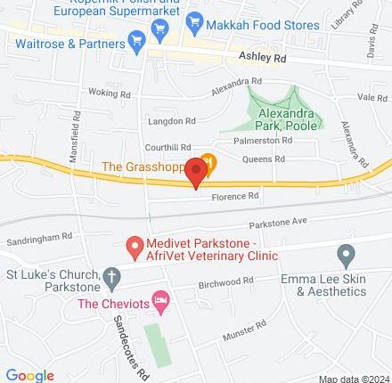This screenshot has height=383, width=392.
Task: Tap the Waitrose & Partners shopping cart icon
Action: [136, 41]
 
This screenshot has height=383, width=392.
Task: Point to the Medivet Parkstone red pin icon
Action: [135, 245]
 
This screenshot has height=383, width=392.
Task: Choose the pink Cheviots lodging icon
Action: [161, 304]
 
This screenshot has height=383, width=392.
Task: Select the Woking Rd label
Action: [110, 92]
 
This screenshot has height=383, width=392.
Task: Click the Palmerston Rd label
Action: [262, 140]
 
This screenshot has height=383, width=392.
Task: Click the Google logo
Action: [29, 375]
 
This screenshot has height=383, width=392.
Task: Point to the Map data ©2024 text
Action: [354, 378]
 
